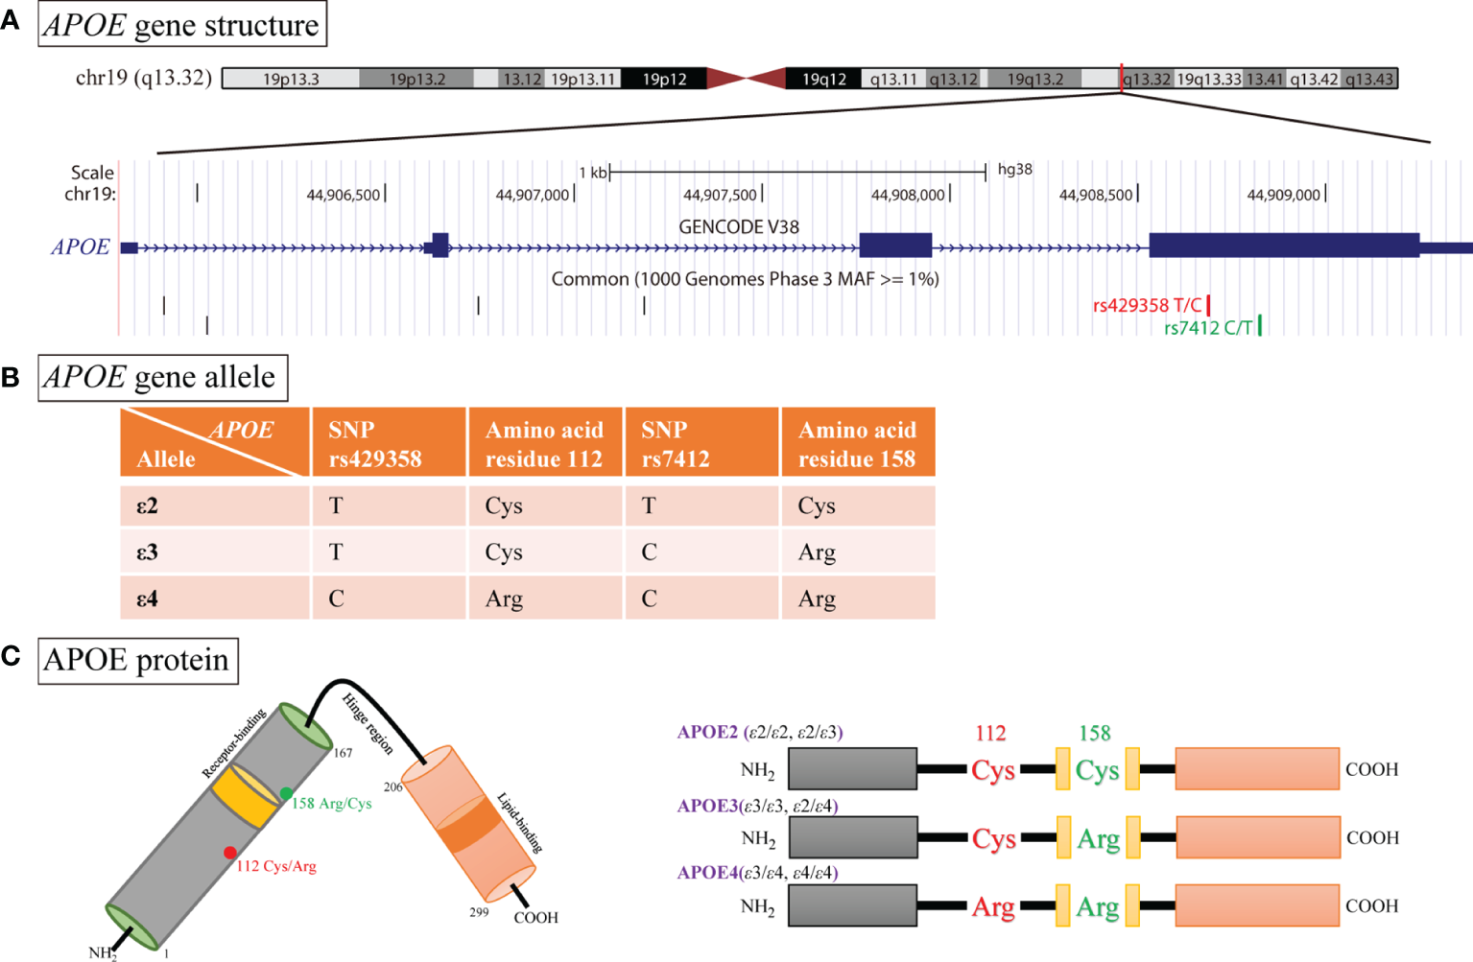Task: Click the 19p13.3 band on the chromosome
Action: coord(291,79)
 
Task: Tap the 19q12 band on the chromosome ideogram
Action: coord(823,79)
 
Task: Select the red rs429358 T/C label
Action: coord(1147,305)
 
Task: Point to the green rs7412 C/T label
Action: coord(1208,328)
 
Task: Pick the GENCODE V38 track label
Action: coord(739,227)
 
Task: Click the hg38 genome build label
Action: coord(1014,170)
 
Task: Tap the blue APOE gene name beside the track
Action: coord(81,247)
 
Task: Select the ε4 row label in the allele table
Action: coord(147,598)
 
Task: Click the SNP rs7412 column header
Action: coord(676,444)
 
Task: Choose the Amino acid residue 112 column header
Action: coord(544,444)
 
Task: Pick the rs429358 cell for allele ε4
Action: coord(336,598)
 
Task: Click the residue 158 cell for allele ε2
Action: coord(817,505)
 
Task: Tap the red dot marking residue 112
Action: coord(230,853)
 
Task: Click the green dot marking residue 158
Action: coord(286,793)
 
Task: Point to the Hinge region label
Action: coord(368,724)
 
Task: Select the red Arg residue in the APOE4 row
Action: coord(993,906)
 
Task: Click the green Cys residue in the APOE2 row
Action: coord(1097,770)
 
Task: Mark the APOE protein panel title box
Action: coord(137,661)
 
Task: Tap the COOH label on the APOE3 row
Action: coord(1372,837)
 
